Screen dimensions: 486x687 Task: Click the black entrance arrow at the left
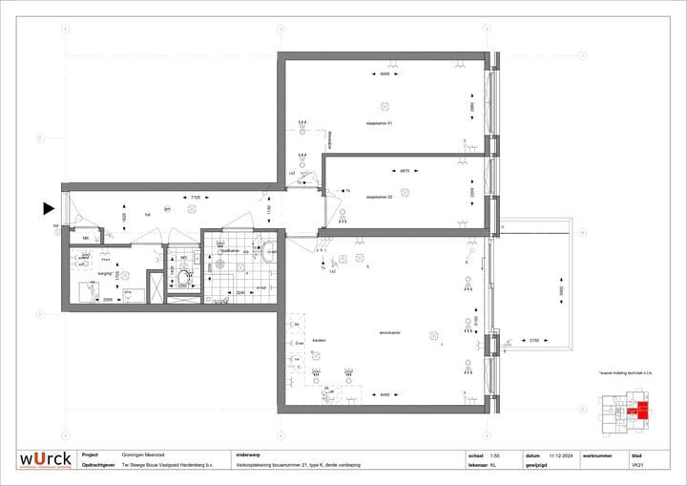click(x=49, y=208)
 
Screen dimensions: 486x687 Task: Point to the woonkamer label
click(x=389, y=332)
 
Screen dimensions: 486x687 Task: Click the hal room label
click(x=148, y=215)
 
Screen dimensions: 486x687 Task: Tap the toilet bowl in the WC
click(x=185, y=277)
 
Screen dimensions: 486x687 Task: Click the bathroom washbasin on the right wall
click(x=270, y=252)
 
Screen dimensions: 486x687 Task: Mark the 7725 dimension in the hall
click(x=195, y=198)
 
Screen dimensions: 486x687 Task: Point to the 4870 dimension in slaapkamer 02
click(x=405, y=171)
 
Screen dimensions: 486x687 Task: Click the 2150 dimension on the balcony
click(x=534, y=340)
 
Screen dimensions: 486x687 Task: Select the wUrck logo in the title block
click(x=46, y=460)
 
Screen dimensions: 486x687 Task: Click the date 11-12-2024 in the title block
click(x=559, y=455)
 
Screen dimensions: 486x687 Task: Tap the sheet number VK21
click(x=636, y=466)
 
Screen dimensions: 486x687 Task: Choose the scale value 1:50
click(x=494, y=455)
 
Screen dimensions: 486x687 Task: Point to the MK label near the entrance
click(x=85, y=238)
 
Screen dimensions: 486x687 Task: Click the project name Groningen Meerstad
click(x=143, y=455)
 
